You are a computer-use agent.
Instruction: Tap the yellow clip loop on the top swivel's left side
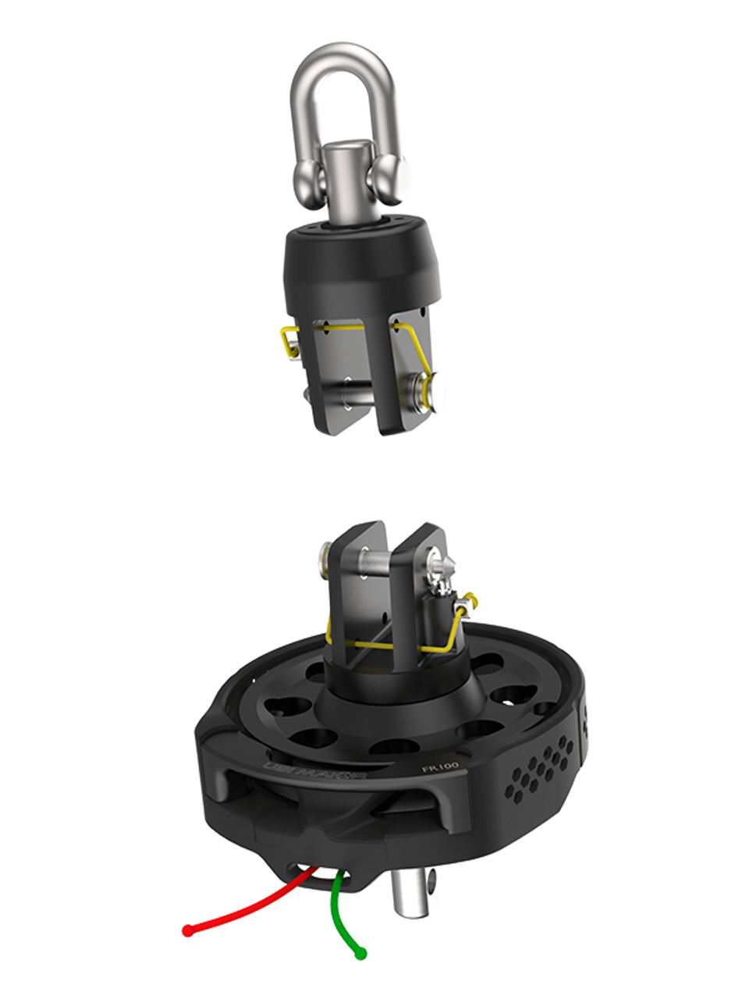[288, 341]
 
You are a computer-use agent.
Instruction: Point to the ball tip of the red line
[187, 930]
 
